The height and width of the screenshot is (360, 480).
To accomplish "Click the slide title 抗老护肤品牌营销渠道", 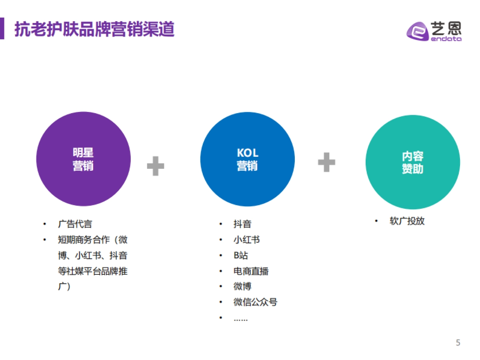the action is pyautogui.click(x=94, y=29).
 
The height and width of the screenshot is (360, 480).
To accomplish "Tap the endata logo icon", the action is pyautogui.click(x=418, y=32).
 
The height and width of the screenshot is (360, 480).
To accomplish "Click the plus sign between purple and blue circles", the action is pyautogui.click(x=156, y=166).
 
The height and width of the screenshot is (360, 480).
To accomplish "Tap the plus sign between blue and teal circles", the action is pyautogui.click(x=326, y=162).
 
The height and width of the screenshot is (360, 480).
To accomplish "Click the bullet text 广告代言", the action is pyautogui.click(x=75, y=224).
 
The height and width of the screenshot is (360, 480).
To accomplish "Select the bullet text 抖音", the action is pyautogui.click(x=242, y=224).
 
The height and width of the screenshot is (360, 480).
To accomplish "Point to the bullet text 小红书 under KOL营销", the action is pyautogui.click(x=247, y=240).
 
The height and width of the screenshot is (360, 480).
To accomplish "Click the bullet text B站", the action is pyautogui.click(x=241, y=256).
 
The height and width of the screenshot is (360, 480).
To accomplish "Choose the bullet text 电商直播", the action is pyautogui.click(x=251, y=271).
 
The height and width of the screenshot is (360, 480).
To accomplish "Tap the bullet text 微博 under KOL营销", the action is pyautogui.click(x=242, y=287).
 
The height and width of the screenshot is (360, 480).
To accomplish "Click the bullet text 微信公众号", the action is pyautogui.click(x=255, y=302).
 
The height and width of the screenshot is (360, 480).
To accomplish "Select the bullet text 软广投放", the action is pyautogui.click(x=407, y=221).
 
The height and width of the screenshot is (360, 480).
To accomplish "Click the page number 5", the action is pyautogui.click(x=458, y=343).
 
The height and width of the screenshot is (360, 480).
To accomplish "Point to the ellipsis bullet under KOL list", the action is pyautogui.click(x=241, y=319).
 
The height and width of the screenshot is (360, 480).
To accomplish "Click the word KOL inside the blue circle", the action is pyautogui.click(x=248, y=153).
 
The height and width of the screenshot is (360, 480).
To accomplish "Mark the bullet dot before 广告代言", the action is pyautogui.click(x=45, y=224).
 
